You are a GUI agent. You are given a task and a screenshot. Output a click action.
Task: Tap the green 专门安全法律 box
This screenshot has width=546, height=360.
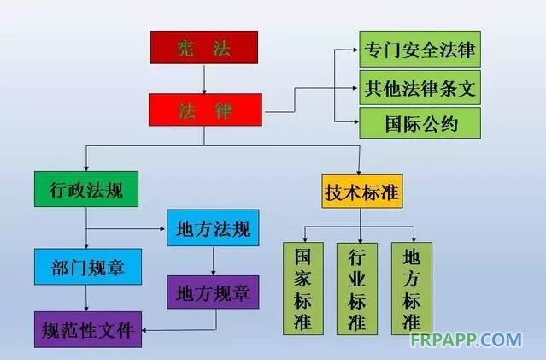point(420,49)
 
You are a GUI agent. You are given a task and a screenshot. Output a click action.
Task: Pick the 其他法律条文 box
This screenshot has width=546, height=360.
point(420,86)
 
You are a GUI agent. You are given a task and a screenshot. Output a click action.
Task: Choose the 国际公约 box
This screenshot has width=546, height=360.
point(420,124)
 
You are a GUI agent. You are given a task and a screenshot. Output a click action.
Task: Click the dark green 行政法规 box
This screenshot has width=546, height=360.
point(85,190)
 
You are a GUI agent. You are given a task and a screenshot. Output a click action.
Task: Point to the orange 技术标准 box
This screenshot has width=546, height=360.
point(361,192)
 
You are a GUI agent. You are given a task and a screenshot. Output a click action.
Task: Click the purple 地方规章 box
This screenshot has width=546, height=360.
point(212,293)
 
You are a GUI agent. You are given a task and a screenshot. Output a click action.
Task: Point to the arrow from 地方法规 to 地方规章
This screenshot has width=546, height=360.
point(213,260)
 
